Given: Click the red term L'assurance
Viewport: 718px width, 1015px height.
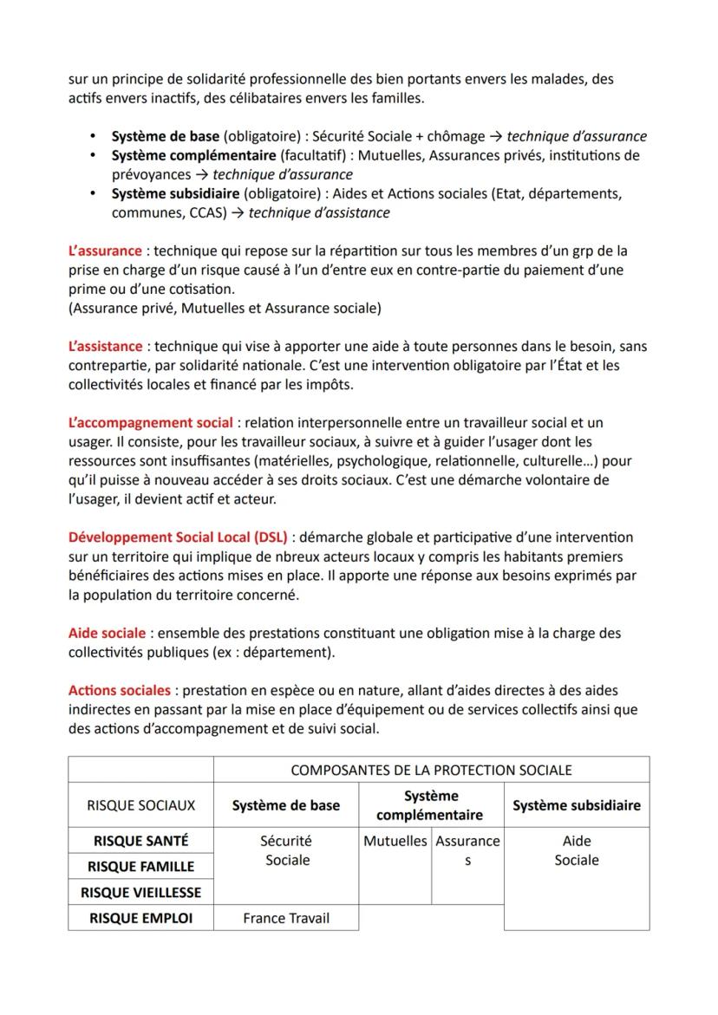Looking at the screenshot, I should click(105, 250).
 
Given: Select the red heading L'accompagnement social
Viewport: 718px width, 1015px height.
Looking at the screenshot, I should click(151, 422).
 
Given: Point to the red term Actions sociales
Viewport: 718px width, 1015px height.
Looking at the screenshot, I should click(120, 691).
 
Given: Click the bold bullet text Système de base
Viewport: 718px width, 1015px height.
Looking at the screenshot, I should click(166, 136).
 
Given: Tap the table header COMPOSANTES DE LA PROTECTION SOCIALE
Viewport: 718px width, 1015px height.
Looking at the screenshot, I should click(431, 770).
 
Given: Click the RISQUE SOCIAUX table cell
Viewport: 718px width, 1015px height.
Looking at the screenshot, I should click(140, 805).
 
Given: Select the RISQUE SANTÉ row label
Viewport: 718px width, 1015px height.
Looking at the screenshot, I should click(140, 840).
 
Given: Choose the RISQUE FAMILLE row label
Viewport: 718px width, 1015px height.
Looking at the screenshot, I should click(140, 866).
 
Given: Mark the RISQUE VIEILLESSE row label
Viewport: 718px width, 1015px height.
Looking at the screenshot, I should click(140, 892).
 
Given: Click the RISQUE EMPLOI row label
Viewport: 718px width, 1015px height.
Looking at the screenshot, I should click(140, 918).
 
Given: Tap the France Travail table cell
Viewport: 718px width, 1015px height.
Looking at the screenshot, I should click(286, 918).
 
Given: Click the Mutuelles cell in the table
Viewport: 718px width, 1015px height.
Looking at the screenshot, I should click(395, 841).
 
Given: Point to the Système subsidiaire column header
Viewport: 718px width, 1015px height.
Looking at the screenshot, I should click(576, 805).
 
